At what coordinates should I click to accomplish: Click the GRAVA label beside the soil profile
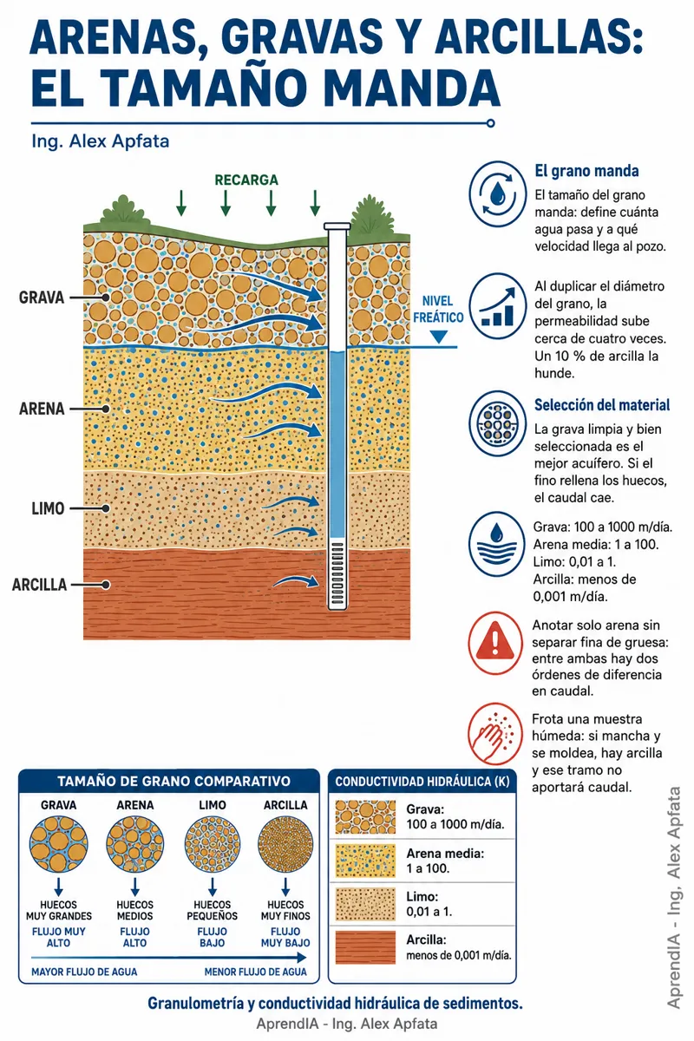point(42,298)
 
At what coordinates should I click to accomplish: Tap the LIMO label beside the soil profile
point(48,508)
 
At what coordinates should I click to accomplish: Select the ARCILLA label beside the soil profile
point(40,585)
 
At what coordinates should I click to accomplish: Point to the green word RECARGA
point(246,180)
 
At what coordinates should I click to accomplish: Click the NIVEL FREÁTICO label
point(438,309)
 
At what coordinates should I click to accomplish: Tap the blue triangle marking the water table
point(438,337)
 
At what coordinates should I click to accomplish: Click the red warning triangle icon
point(495,642)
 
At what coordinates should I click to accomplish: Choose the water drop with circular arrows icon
point(497,193)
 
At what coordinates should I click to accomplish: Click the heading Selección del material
point(602,405)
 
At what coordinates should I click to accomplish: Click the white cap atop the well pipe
point(337,226)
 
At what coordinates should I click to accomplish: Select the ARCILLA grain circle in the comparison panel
point(285,844)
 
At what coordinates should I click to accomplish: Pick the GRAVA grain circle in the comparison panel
point(59,844)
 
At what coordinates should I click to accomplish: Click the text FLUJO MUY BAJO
point(285,938)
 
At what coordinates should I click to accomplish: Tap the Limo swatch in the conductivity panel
point(365,904)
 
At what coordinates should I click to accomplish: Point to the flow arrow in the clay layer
point(296,581)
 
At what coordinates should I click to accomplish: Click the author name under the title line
point(101,141)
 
